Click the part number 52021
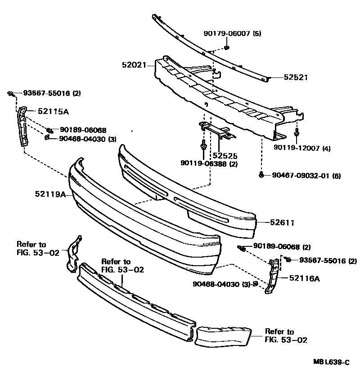(134, 65)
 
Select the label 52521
(295, 77)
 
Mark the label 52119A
(50, 195)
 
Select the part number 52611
(283, 222)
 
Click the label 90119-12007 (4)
(302, 148)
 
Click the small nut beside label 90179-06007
(226, 47)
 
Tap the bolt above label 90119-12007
(297, 134)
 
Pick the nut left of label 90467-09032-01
(261, 175)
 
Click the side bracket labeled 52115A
(22, 126)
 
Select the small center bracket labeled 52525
(216, 130)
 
